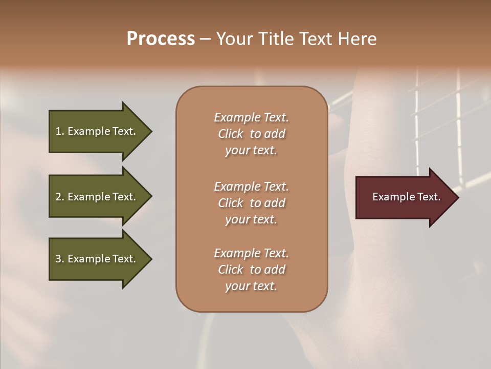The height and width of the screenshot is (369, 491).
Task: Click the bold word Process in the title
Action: (x=161, y=39)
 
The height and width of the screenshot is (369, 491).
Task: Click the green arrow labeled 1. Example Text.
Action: (x=97, y=131)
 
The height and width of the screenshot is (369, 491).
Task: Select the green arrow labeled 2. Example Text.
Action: (x=97, y=197)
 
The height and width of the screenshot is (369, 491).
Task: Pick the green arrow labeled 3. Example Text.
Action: (x=97, y=259)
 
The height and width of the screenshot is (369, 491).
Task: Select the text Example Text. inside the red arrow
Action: (x=406, y=197)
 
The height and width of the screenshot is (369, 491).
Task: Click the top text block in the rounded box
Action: (x=251, y=134)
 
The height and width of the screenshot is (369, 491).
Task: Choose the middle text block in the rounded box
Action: (x=251, y=203)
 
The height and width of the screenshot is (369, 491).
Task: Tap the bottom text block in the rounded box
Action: (x=251, y=270)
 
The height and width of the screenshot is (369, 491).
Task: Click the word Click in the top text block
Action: (x=230, y=134)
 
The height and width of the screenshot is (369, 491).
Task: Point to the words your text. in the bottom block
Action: (x=251, y=286)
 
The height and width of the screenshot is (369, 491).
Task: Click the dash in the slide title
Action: (x=205, y=39)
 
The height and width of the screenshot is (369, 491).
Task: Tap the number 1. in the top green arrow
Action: (x=60, y=131)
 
